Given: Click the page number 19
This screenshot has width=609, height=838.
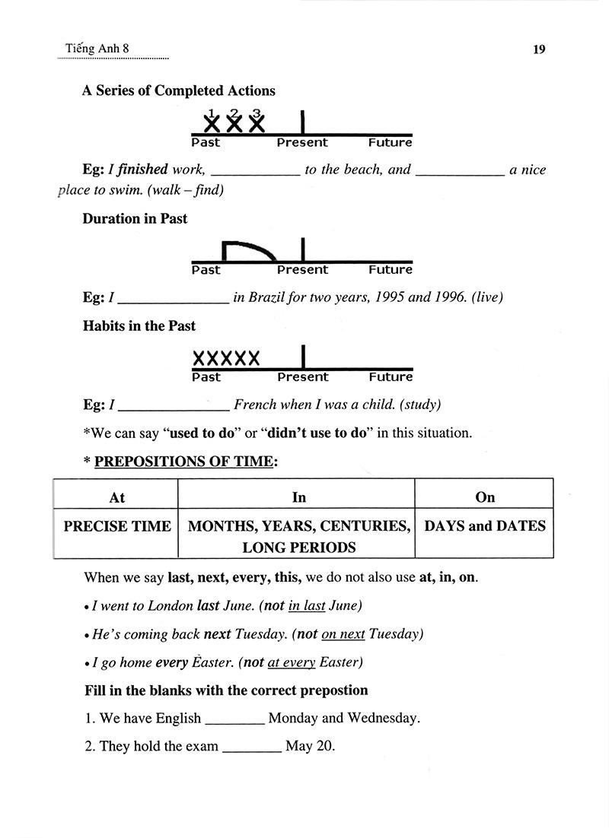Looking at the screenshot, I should click(539, 50).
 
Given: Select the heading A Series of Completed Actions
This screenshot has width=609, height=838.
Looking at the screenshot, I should click(178, 90).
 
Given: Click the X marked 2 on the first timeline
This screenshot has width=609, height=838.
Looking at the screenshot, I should click(234, 122).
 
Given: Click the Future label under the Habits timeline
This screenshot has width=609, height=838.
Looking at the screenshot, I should click(390, 377).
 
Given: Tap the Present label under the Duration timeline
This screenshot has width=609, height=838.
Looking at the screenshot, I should click(302, 270).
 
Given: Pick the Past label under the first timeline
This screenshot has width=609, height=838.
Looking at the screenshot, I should click(206, 143).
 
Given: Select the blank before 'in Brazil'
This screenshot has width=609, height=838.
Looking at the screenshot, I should click(174, 297).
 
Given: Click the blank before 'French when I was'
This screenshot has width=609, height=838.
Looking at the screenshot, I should click(174, 405).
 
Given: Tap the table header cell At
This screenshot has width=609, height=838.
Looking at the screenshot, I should click(116, 497).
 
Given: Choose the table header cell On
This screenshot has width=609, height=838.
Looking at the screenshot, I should click(484, 497).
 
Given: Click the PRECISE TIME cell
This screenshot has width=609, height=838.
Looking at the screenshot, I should click(116, 526).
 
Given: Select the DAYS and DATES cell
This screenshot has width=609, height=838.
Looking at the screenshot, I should click(484, 525).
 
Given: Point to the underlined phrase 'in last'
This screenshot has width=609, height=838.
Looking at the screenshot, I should click(307, 605).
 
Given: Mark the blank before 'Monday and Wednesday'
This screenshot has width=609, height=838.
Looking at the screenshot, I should click(235, 718).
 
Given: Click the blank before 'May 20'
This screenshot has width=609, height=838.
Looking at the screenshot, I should click(252, 746).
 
